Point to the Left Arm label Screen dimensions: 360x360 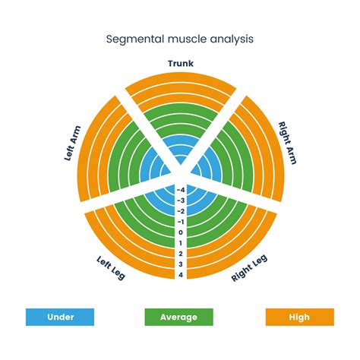[x=71, y=144]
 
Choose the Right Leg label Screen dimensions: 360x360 [x=249, y=267]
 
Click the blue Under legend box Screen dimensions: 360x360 [x=60, y=317]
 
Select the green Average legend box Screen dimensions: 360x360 [x=180, y=317]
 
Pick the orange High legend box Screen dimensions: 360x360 [x=299, y=317]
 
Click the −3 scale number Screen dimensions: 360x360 [x=180, y=200]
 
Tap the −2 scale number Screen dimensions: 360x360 [x=180, y=210]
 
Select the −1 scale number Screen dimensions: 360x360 [x=180, y=221]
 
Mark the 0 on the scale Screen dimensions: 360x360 [x=181, y=232]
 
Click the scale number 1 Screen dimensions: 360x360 [x=181, y=242]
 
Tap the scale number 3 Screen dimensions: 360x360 [x=181, y=264]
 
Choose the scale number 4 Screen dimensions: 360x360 [x=181, y=274]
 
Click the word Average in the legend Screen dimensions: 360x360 [x=180, y=317]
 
